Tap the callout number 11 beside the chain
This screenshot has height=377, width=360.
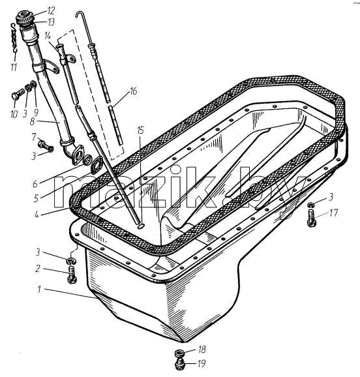[x=14, y=67]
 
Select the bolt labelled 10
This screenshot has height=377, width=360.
[x=18, y=94]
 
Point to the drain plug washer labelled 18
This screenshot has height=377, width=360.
[x=179, y=354]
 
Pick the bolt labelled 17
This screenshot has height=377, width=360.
[x=311, y=217]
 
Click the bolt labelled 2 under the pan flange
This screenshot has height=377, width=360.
[x=72, y=275]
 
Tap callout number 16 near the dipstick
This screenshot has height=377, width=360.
[x=133, y=91]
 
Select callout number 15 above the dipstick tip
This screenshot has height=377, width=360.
[x=140, y=130]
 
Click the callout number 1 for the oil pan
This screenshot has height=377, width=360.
[x=39, y=289]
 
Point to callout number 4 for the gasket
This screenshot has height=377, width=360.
[x=37, y=214]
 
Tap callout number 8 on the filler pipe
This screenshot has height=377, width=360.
[x=32, y=122]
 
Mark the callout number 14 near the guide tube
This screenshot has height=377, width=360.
[x=48, y=37]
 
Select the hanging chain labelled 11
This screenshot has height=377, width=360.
[x=15, y=38]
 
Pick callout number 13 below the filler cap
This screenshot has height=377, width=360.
[x=51, y=22]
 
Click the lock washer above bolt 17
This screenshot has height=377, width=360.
[x=311, y=205]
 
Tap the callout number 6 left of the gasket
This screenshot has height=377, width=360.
[x=35, y=184]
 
